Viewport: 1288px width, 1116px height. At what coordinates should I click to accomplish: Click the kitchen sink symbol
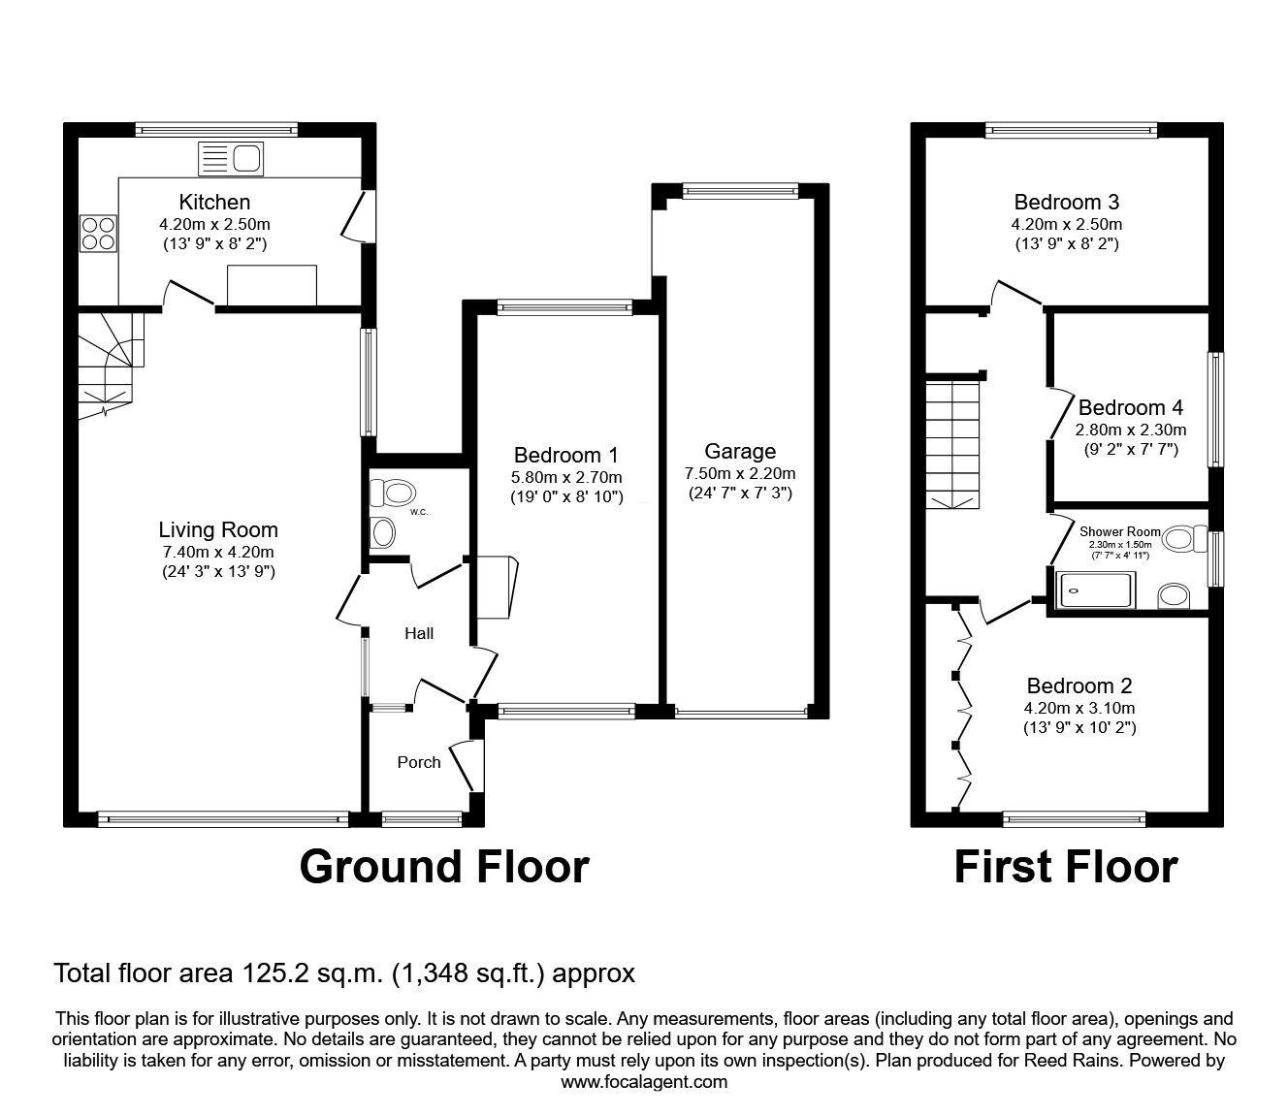pos(230,159)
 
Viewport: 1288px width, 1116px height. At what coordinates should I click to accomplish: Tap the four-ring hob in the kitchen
pos(98,232)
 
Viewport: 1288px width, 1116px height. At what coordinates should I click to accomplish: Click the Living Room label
pos(218,530)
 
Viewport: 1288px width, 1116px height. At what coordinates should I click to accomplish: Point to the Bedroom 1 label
pos(565,455)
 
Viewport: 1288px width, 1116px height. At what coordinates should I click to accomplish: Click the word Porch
pos(419,762)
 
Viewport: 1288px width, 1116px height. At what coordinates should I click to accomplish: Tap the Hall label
pos(419,633)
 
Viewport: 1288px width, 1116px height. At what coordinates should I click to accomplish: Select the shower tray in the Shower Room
pos(1095,590)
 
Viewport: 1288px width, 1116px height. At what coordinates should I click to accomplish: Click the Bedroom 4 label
pos(1130,407)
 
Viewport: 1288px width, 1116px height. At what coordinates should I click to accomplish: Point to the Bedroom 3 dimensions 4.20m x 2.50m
pos(1067,224)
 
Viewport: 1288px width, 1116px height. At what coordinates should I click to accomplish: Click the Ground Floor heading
pos(444,866)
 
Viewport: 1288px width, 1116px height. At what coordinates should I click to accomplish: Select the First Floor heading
pos(1066,866)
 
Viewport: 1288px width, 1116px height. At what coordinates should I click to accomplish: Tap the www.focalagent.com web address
pos(644,1082)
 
